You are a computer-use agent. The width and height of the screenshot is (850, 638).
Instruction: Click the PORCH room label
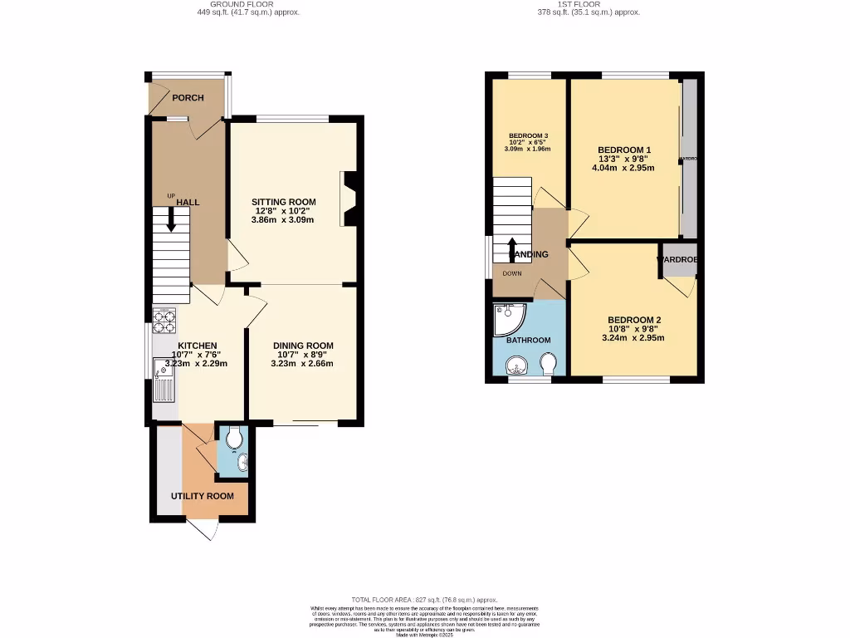[188, 98]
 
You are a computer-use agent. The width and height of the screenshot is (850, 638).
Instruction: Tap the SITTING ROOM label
[284, 202]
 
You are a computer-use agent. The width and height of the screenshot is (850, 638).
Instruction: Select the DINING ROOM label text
[303, 346]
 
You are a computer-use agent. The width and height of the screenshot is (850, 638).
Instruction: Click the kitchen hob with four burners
[164, 320]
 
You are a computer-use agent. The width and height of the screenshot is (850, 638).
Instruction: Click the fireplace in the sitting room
[349, 199]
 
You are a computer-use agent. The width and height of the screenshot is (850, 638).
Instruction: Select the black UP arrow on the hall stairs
[171, 219]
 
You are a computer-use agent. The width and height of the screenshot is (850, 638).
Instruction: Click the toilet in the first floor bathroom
[548, 364]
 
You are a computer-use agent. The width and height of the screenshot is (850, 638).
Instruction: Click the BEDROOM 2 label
[634, 321]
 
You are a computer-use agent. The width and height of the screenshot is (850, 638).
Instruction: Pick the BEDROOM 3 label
[527, 135]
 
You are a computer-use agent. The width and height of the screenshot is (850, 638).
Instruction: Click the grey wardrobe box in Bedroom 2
[678, 259]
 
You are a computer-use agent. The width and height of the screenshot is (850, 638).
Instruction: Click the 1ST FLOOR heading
[589, 4]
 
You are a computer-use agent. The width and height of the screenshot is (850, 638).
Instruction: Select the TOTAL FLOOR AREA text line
[424, 600]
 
